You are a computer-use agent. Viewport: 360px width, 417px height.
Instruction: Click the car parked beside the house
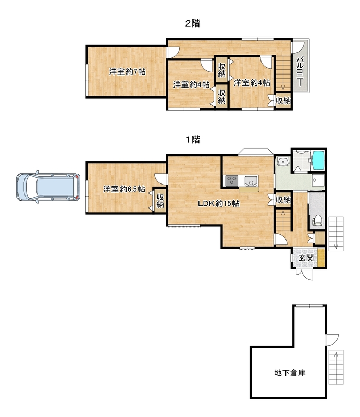[48, 187]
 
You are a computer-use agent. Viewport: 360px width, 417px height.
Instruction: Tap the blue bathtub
[318, 161]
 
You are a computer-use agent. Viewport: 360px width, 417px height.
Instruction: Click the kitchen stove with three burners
[231, 181]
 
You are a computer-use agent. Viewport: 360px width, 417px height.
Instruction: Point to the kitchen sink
[251, 181]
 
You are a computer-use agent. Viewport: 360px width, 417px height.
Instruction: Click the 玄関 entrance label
[305, 257]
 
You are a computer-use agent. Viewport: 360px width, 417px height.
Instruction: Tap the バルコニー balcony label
[300, 71]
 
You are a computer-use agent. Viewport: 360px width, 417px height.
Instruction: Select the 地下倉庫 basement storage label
[290, 373]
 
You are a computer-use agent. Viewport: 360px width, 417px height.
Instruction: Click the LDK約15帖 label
[218, 203]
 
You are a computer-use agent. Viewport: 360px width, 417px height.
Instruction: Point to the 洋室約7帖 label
[127, 71]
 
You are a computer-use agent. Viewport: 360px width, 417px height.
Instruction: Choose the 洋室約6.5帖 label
[124, 189]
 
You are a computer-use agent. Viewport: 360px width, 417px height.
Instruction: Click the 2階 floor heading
[193, 23]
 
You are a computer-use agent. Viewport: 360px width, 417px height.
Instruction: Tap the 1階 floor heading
[193, 139]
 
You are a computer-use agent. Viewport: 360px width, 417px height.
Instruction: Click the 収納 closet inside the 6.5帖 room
[160, 201]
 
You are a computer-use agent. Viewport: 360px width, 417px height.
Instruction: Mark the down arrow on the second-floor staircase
[282, 86]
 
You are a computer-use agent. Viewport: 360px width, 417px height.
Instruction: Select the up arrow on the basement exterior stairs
[336, 357]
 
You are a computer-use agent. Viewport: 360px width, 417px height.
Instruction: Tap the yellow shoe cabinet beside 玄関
[321, 257]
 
